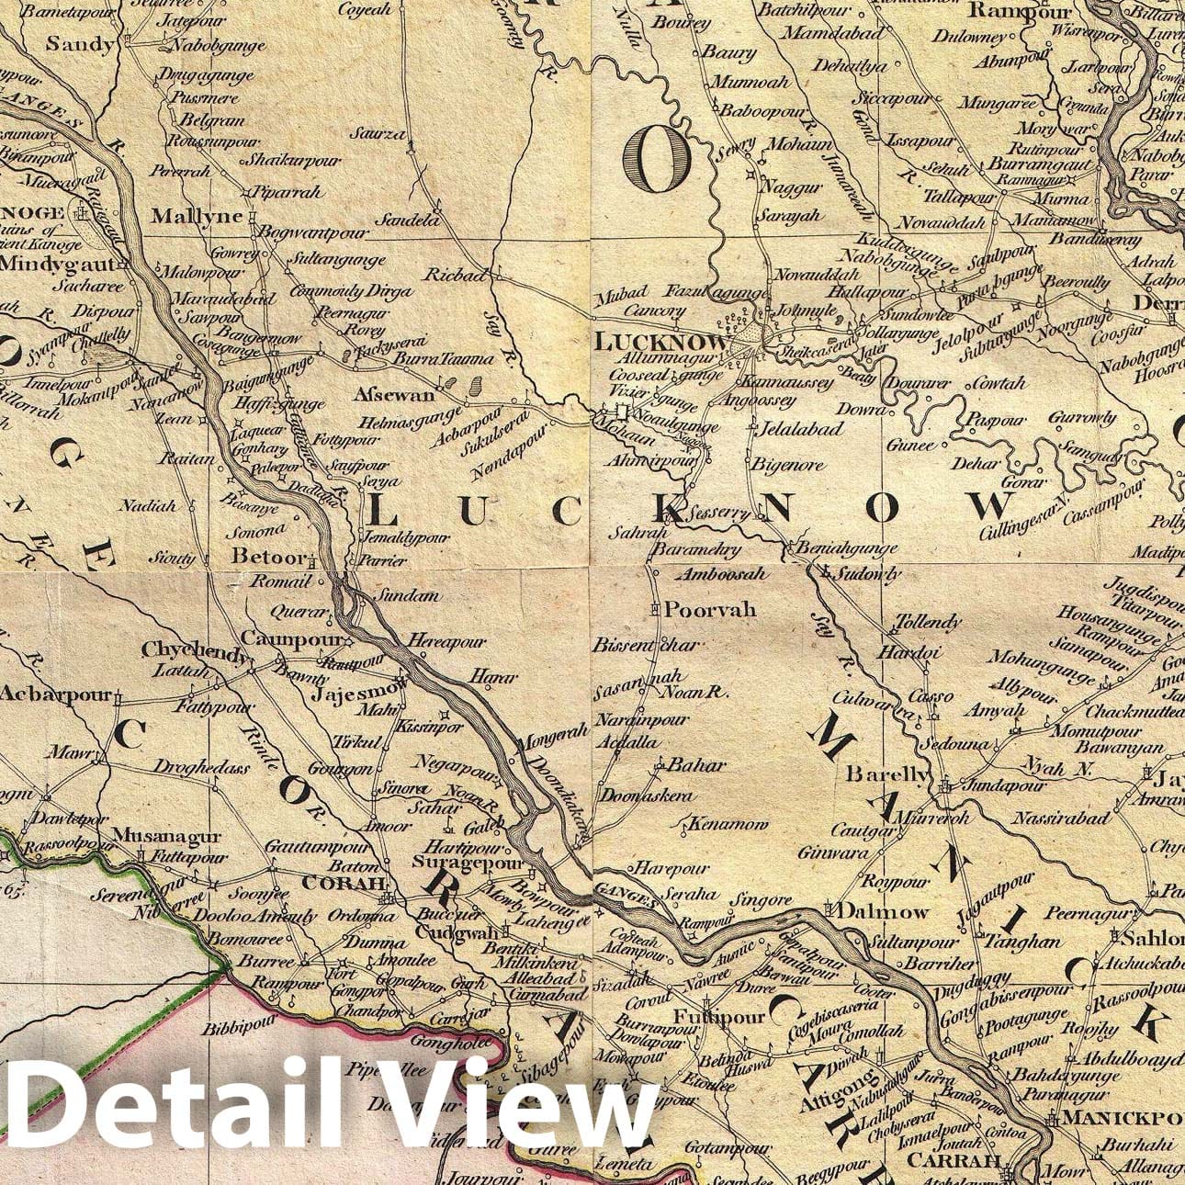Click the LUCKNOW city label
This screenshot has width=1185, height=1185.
(x=661, y=343)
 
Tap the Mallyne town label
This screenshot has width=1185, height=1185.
(x=196, y=217)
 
